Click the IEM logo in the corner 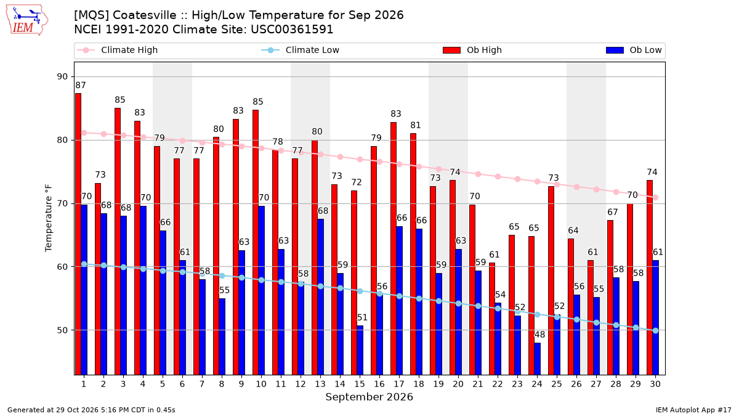click(x=27, y=20)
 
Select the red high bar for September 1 click(x=78, y=234)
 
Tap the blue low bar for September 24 click(x=538, y=359)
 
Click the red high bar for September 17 click(x=394, y=248)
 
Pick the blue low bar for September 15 click(x=360, y=350)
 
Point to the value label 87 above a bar click(x=81, y=85)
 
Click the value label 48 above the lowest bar click(x=539, y=335)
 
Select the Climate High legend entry click(x=118, y=50)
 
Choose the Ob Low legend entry click(x=634, y=50)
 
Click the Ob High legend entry click(x=472, y=50)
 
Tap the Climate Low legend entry click(x=301, y=50)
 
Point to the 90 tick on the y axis click(x=62, y=76)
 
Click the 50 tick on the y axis click(x=62, y=330)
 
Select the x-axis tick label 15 click(x=360, y=384)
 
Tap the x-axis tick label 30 click(x=655, y=384)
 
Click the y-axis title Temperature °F click(x=49, y=218)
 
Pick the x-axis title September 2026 click(x=369, y=397)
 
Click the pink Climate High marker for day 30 click(x=655, y=197)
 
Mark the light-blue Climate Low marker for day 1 click(x=84, y=264)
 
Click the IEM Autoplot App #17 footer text click(x=693, y=410)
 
